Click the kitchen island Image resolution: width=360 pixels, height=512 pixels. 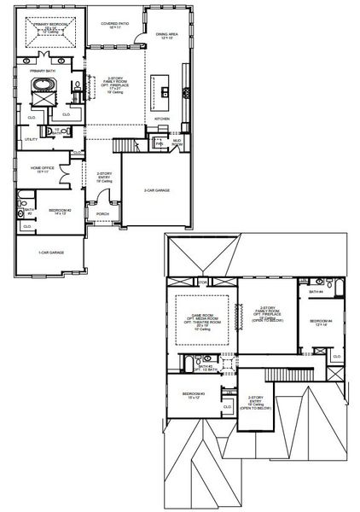click(x=159, y=87)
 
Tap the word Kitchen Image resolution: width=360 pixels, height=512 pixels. click(x=162, y=118)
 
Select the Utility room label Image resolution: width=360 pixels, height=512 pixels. click(x=31, y=138)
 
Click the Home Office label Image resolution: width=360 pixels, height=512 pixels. click(x=43, y=169)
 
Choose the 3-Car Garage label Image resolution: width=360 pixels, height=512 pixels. click(x=156, y=190)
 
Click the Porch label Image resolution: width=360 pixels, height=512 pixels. click(x=102, y=214)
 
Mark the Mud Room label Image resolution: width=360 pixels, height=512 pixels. click(x=177, y=144)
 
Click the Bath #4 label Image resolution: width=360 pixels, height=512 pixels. click(x=315, y=292)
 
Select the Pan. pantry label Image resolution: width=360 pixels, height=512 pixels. click(x=160, y=143)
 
